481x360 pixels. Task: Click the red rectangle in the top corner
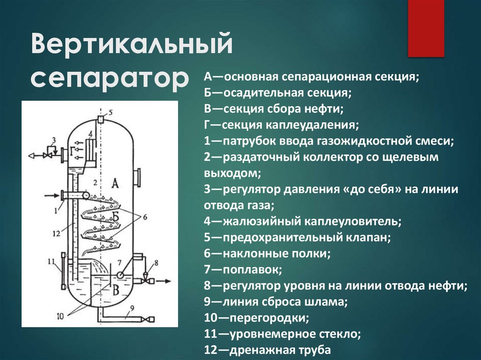point(426,28)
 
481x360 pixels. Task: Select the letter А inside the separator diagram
point(115,184)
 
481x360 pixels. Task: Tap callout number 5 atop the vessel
point(110,112)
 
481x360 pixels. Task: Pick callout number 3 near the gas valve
point(54,139)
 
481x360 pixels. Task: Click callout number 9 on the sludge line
point(132,308)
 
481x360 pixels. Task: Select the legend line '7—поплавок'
point(242,269)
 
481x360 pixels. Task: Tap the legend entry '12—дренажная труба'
point(268,350)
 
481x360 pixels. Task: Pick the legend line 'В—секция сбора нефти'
point(274,109)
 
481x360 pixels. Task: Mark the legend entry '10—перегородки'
point(256,318)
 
